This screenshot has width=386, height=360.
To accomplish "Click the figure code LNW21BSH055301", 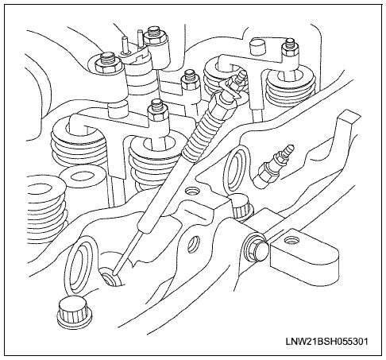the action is (326, 341).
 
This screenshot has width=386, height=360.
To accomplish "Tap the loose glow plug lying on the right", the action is (273, 166).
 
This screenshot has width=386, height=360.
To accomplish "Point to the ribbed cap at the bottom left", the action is (75, 312).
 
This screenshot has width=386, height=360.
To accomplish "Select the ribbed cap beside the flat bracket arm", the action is (241, 207).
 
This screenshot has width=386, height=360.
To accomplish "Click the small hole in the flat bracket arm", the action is (291, 241).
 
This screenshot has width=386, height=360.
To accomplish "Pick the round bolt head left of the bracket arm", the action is (257, 246).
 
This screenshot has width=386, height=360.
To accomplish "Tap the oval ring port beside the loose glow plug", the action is (237, 170).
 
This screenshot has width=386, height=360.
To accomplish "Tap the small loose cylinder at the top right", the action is (258, 46).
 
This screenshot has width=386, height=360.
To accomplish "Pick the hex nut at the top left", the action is (108, 64).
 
